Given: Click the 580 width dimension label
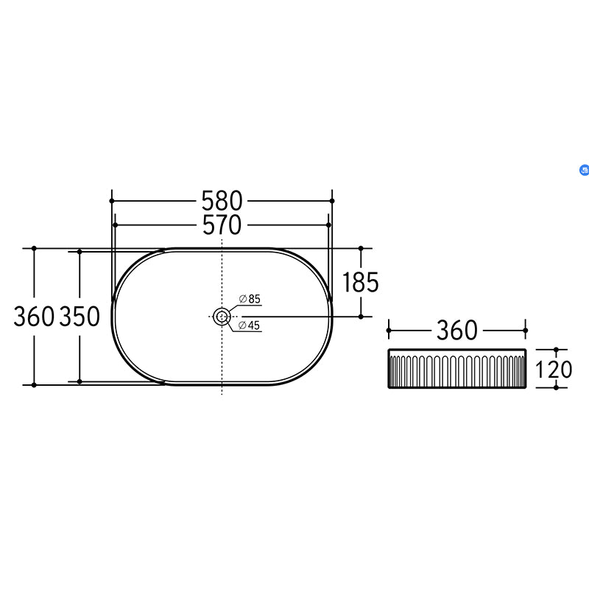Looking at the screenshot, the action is [x=222, y=200].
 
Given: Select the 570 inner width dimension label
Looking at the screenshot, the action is [x=222, y=225].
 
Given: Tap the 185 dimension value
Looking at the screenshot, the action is [x=361, y=282].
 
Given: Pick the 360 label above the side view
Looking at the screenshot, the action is [x=456, y=331].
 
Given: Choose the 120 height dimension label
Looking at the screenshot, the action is [x=554, y=370].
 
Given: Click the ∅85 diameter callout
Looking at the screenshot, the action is [x=250, y=299].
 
